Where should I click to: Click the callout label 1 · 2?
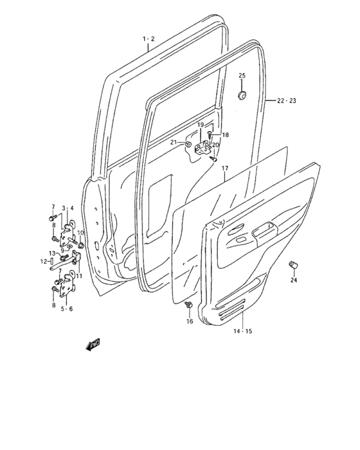pyautogui.click(x=148, y=39)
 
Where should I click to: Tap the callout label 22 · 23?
pyautogui.click(x=286, y=101)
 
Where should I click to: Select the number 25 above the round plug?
pyautogui.click(x=242, y=76)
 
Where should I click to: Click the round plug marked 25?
pyautogui.click(x=242, y=95)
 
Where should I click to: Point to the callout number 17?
pyautogui.click(x=225, y=169)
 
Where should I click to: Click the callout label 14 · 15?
pyautogui.click(x=242, y=331)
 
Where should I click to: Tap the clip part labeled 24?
pyautogui.click(x=296, y=264)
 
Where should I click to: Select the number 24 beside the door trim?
pyautogui.click(x=294, y=280)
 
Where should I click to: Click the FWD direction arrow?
pyautogui.click(x=93, y=345)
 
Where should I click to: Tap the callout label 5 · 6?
pyautogui.click(x=66, y=309)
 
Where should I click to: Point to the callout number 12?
pyautogui.click(x=42, y=262)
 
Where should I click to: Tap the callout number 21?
pyautogui.click(x=174, y=143)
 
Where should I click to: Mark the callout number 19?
pyautogui.click(x=201, y=125)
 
